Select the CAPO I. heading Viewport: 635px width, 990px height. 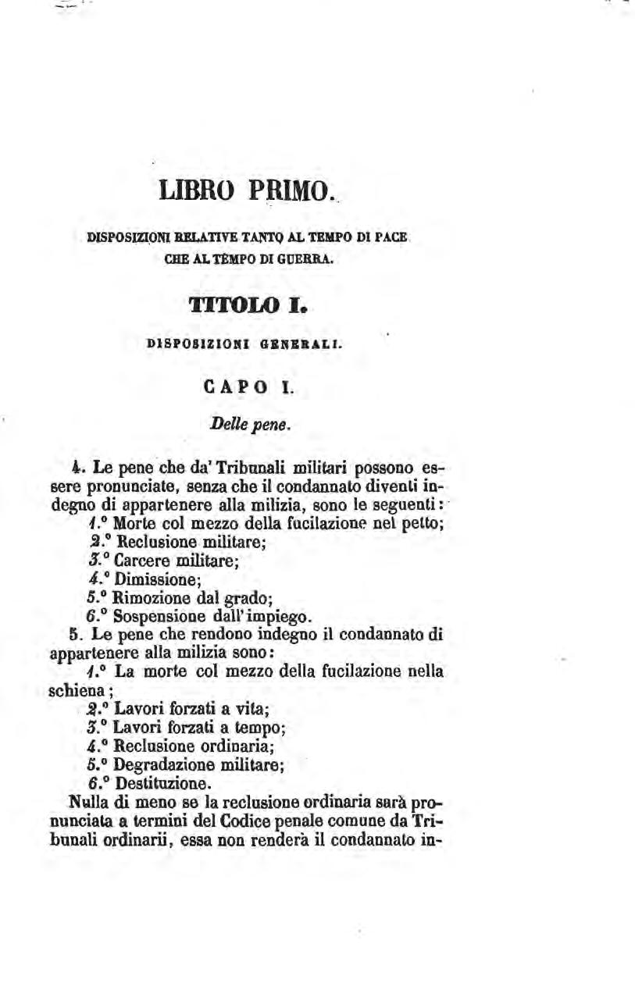pos(247,386)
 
